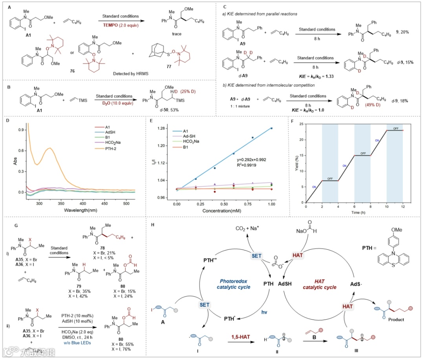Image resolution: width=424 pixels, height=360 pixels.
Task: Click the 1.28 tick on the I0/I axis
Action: coord(165,128)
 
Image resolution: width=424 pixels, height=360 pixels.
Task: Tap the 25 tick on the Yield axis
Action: coord(301,124)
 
